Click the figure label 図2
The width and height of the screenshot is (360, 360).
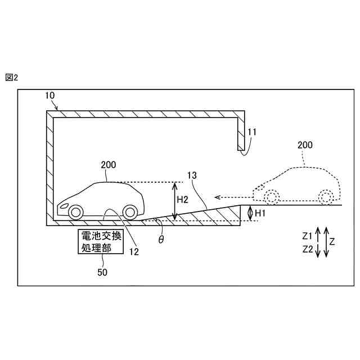12,78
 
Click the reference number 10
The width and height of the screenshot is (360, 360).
50,96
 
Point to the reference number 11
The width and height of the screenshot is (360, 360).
252,133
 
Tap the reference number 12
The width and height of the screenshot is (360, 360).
134,252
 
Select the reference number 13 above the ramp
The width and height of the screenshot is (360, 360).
192,175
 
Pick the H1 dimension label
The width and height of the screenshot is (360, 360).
260,213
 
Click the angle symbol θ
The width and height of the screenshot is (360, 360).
161,239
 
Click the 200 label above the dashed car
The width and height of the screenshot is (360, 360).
305,145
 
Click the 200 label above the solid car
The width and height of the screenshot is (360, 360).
108,165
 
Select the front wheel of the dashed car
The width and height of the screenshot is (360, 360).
271,197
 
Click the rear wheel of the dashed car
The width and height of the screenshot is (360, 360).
326,197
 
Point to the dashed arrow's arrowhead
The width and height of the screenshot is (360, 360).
219,197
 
